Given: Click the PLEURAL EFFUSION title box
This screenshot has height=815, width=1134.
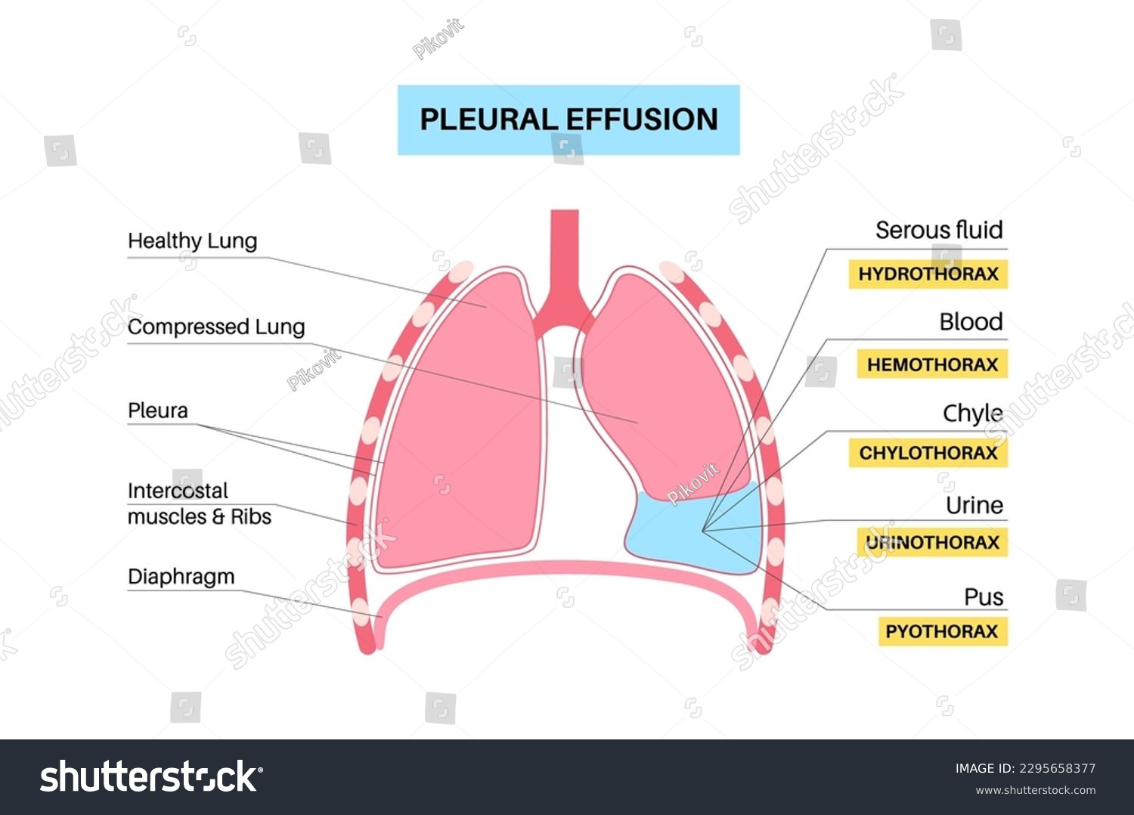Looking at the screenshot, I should [x=569, y=120].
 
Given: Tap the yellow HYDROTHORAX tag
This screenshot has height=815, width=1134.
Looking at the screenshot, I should [x=928, y=274].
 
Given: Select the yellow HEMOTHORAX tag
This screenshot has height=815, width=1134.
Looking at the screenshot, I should [x=932, y=364].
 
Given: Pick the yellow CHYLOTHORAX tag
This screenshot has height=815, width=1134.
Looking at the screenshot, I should [x=928, y=453].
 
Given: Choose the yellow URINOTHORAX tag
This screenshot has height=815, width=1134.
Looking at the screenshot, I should [x=932, y=542].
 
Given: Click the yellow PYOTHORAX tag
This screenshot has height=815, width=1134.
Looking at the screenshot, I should [x=942, y=631].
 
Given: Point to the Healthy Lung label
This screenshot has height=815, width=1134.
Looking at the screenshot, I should [x=193, y=241].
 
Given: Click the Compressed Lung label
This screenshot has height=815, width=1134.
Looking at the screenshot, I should [x=216, y=327].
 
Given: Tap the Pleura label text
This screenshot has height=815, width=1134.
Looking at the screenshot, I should [x=158, y=411].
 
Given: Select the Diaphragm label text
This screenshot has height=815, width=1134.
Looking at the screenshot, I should [x=181, y=576].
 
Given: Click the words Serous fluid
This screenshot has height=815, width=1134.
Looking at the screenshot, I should [x=939, y=230].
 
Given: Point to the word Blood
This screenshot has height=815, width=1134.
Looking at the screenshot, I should [x=971, y=322].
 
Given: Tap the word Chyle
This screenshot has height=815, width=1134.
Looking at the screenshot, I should [x=972, y=414].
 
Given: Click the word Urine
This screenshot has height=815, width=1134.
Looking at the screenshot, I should [x=974, y=505].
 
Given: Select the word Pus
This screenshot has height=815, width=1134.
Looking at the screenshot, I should [x=984, y=597].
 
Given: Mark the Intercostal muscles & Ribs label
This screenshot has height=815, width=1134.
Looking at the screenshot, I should [x=200, y=504].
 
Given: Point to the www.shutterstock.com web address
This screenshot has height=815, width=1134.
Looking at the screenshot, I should [x=1035, y=790].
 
